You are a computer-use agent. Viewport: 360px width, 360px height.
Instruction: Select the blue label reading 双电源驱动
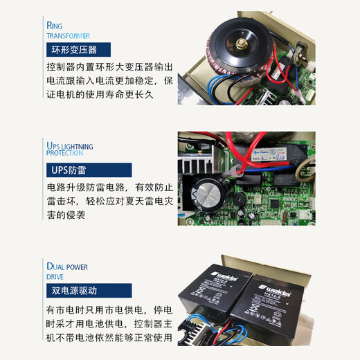pyautogui.click(x=73, y=291)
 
